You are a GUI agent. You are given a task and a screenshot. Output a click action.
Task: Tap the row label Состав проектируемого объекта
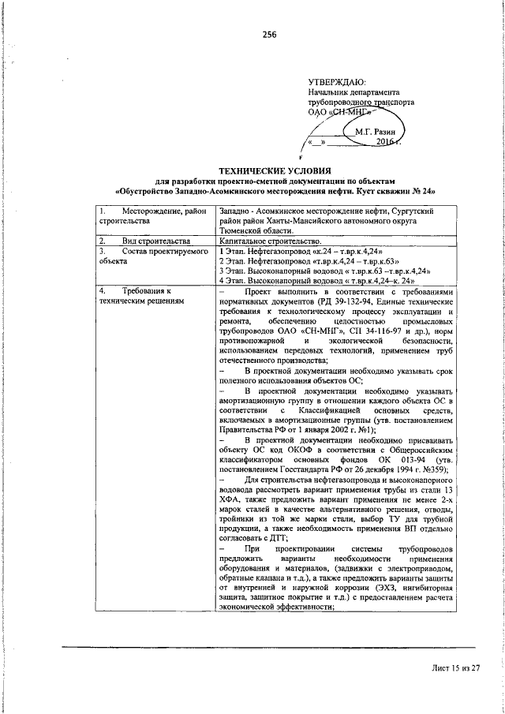(149, 255)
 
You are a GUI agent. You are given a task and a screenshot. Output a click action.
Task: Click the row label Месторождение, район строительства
(150, 215)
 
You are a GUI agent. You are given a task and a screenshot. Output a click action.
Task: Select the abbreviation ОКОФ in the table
(297, 448)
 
